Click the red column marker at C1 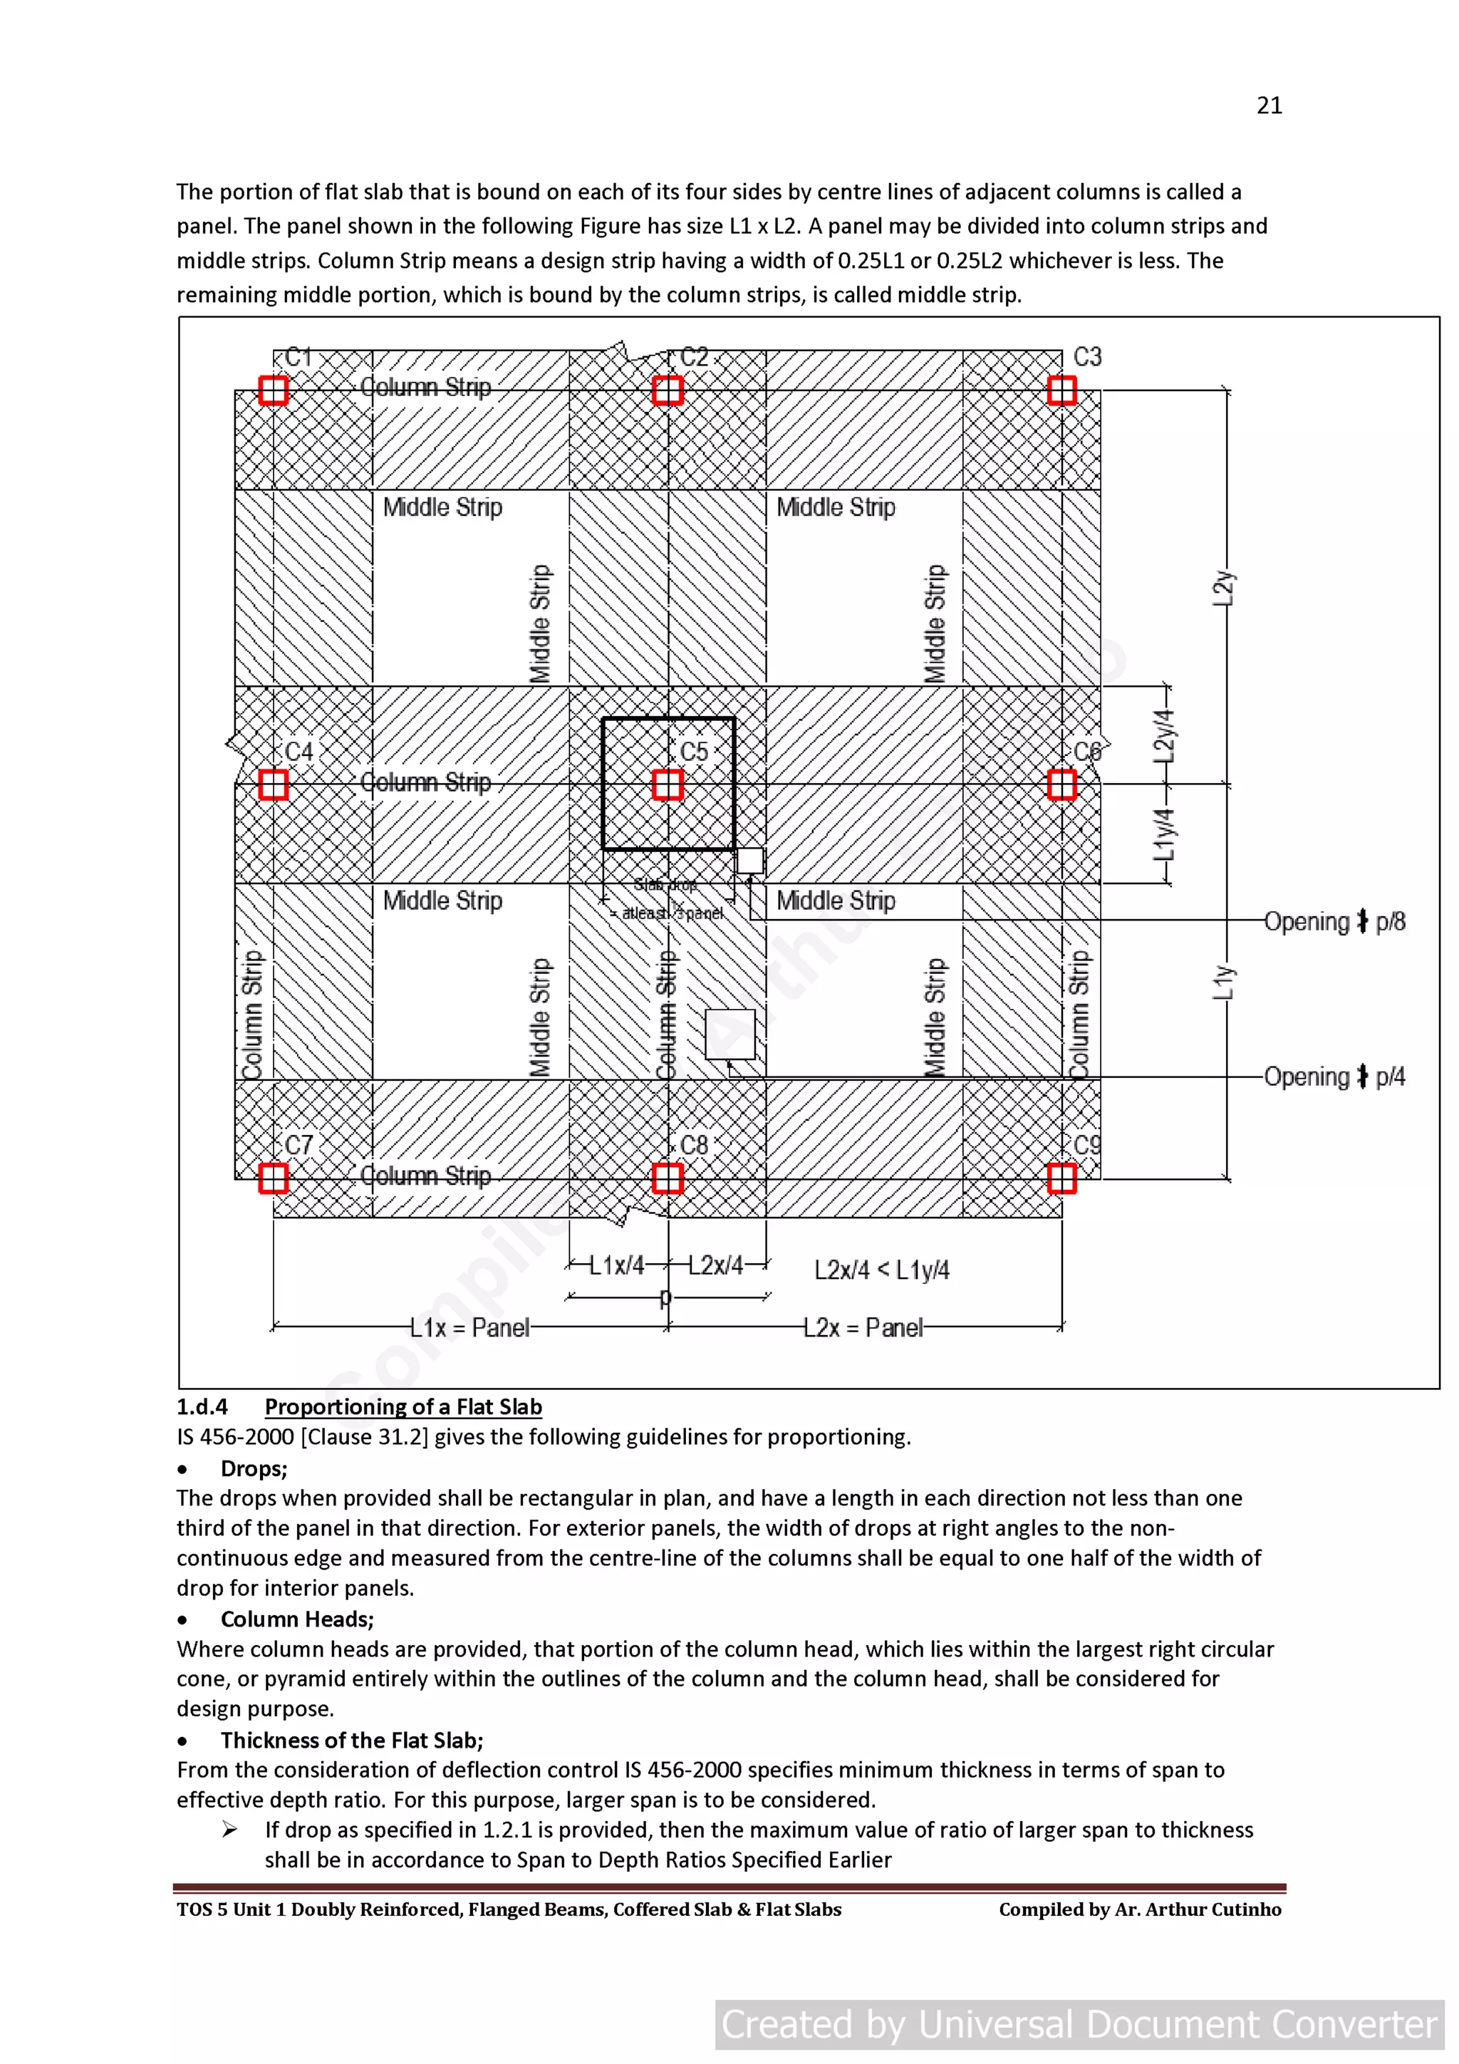pyautogui.click(x=274, y=390)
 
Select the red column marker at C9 pyautogui.click(x=1061, y=1178)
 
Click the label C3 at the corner pyautogui.click(x=1087, y=357)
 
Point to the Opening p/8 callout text pyautogui.click(x=1334, y=921)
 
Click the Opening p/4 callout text pyautogui.click(x=1334, y=1076)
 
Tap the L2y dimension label pyautogui.click(x=1223, y=588)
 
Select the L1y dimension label pyautogui.click(x=1223, y=982)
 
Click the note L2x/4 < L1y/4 pyautogui.click(x=881, y=1270)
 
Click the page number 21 pyautogui.click(x=1268, y=106)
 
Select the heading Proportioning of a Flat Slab pyautogui.click(x=403, y=1407)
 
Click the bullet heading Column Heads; pyautogui.click(x=296, y=1619)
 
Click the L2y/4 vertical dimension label pyautogui.click(x=1164, y=735)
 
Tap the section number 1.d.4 pyautogui.click(x=202, y=1407)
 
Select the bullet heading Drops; pyautogui.click(x=254, y=1468)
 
